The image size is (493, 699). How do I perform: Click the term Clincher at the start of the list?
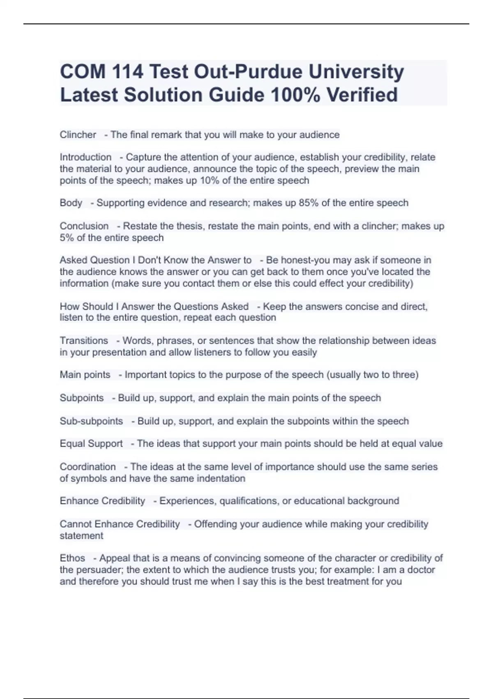coord(78,135)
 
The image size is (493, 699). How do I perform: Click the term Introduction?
coord(85,157)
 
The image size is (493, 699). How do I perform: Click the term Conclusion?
coord(84,226)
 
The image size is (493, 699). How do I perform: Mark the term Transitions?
coord(84,341)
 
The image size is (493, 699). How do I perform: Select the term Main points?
coord(85,375)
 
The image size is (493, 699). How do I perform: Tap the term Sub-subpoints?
coord(91,421)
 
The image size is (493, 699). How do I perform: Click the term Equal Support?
coord(91,444)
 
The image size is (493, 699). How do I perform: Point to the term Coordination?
coord(88,467)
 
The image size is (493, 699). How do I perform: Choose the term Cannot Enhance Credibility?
coord(120,524)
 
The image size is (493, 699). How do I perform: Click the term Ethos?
coord(72,558)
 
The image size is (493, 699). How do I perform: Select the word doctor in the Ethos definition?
coord(418,570)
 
